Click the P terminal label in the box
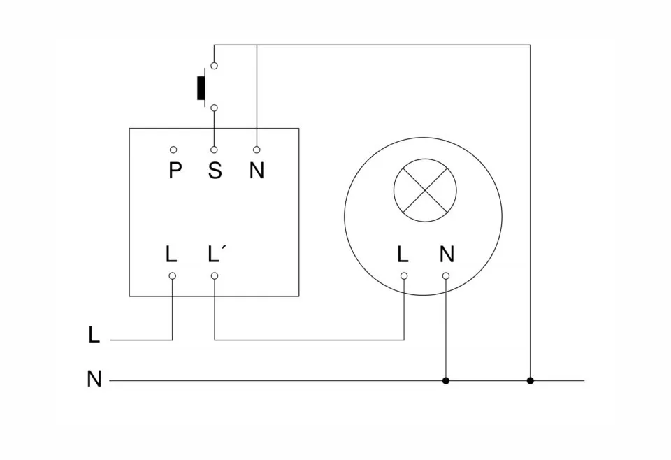174,170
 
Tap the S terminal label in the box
215,170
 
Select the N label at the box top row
257,170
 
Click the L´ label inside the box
217,254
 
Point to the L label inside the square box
172,254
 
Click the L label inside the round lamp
403,254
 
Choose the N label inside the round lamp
447,254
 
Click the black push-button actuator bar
201,86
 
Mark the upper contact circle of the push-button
214,66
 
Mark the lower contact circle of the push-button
214,108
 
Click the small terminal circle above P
173,150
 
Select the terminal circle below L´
215,276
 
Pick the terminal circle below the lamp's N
446,276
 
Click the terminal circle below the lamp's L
404,276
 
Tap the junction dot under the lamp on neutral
446,381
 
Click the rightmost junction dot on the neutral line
531,381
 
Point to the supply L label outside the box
94,336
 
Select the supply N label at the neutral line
94,380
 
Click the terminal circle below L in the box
173,276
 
